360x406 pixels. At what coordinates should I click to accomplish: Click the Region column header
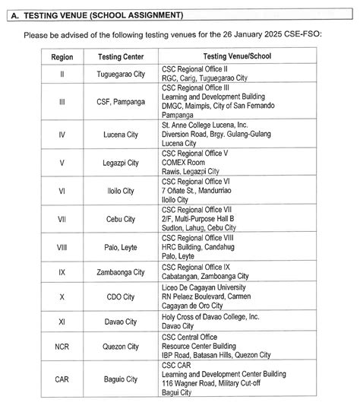pos(62,57)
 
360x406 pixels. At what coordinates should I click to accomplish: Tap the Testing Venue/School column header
pos(237,57)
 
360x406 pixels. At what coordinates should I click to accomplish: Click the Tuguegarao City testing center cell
pos(119,74)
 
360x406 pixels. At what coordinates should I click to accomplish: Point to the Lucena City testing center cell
pos(119,134)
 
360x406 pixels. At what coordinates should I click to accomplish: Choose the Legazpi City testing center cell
pos(119,163)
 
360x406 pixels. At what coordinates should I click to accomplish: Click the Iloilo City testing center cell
pos(119,191)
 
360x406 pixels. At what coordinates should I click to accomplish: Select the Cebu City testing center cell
pos(119,219)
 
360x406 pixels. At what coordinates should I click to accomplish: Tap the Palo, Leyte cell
pos(119,248)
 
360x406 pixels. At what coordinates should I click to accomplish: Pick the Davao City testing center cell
pos(119,322)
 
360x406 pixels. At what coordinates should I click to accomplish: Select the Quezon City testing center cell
pos(119,346)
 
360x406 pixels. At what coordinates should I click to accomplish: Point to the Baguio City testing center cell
pos(119,378)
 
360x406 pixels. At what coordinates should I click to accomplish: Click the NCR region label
pos(62,346)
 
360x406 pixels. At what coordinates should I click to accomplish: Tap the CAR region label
pos(62,378)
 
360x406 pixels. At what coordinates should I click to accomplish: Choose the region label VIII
pos(62,248)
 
